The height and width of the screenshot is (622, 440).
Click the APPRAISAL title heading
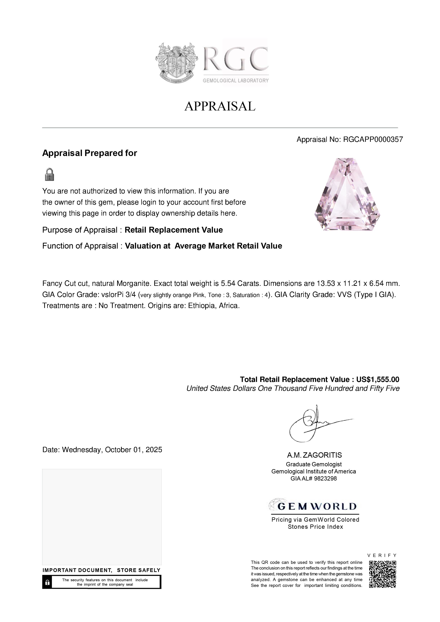pos(220,106)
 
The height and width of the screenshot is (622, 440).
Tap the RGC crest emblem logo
pos(176,63)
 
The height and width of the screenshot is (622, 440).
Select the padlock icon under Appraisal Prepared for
pos(49,174)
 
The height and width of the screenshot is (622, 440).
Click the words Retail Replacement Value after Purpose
pos(174,230)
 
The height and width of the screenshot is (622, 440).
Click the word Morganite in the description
pos(133,284)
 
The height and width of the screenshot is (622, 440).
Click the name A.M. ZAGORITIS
pos(315,455)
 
